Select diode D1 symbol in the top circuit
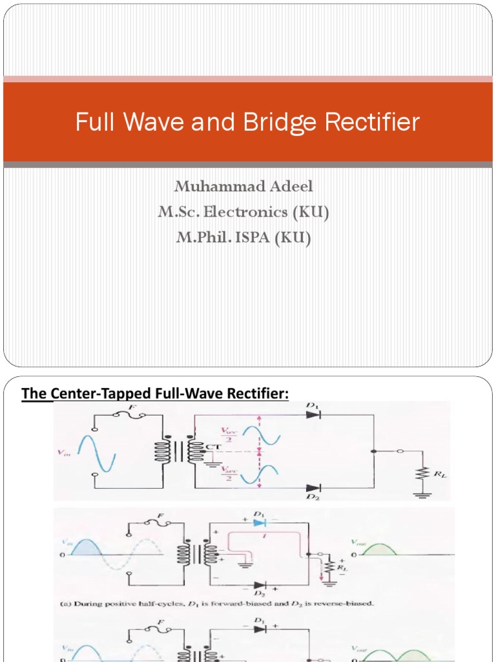[313, 414]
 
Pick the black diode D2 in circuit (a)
[258, 582]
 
